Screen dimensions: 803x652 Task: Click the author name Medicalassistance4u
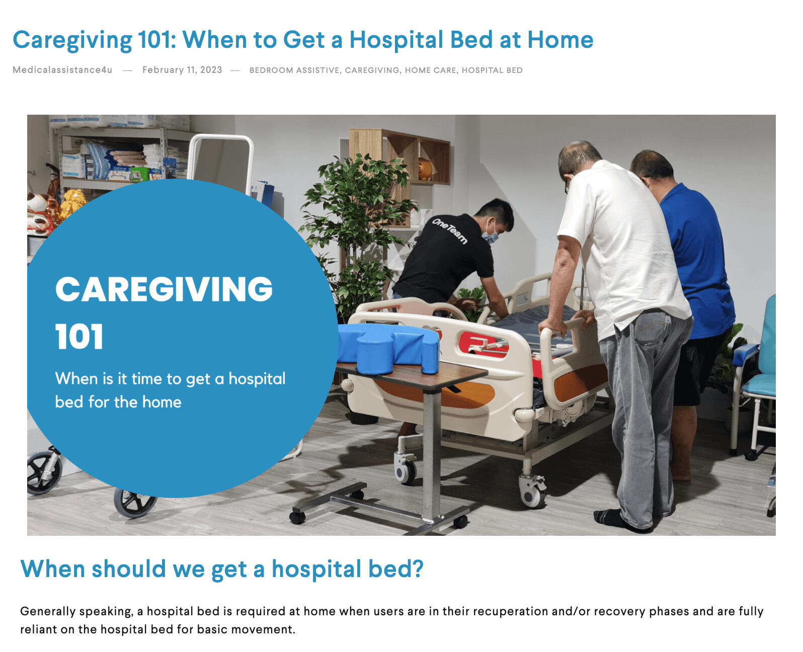pyautogui.click(x=62, y=70)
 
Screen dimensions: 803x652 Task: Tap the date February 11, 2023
pyautogui.click(x=182, y=70)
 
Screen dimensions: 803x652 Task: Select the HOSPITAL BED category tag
pyautogui.click(x=492, y=70)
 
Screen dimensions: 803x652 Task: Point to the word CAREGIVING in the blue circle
pyautogui.click(x=164, y=289)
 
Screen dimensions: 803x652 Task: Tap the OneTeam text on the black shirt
pyautogui.click(x=449, y=230)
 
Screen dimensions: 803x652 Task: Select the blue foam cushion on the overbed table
pyautogui.click(x=388, y=348)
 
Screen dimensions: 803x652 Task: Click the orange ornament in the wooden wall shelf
pyautogui.click(x=425, y=169)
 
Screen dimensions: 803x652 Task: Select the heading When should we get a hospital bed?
pyautogui.click(x=222, y=568)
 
